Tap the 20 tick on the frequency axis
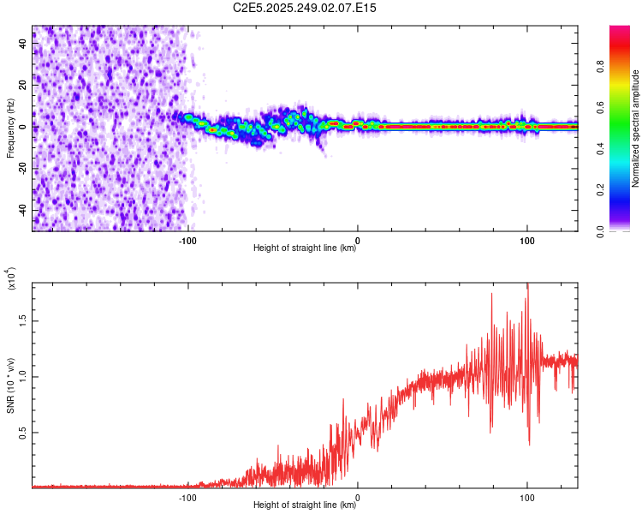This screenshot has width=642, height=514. point(24,85)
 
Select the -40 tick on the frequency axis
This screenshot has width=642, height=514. point(24,211)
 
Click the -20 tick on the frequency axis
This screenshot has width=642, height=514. point(24,169)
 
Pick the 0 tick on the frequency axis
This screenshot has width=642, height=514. point(24,127)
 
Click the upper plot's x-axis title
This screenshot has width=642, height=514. point(305,248)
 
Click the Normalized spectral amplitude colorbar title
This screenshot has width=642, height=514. point(636,128)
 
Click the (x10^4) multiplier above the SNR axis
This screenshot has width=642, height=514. point(10,279)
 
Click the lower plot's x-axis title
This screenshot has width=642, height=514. point(305,505)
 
